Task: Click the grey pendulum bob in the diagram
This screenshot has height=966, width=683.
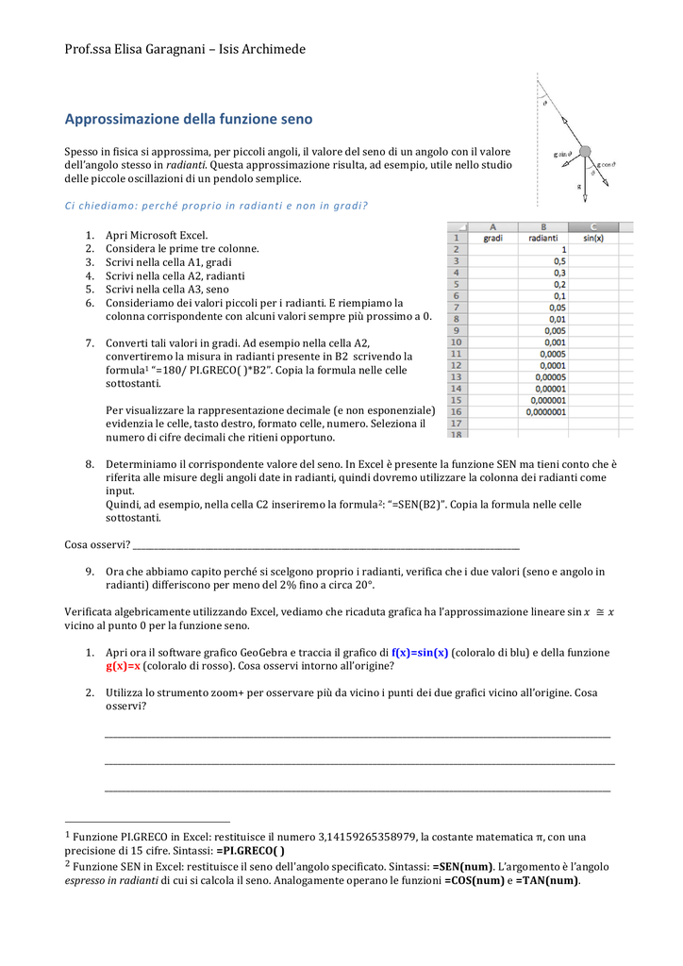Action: click(585, 151)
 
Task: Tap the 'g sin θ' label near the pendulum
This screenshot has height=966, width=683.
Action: click(564, 155)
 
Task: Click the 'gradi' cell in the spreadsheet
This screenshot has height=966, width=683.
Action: click(492, 239)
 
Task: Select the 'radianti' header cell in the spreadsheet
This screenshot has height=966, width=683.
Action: click(543, 239)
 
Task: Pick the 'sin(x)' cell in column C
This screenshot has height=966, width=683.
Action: click(593, 239)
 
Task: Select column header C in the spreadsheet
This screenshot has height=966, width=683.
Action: click(593, 226)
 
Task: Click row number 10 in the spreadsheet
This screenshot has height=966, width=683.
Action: click(457, 342)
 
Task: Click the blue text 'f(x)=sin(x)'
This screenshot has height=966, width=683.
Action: click(420, 653)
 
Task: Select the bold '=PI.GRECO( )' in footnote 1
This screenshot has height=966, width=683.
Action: click(250, 850)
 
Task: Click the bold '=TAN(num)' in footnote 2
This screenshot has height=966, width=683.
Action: click(547, 880)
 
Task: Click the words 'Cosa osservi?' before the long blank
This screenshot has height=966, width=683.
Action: click(96, 544)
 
